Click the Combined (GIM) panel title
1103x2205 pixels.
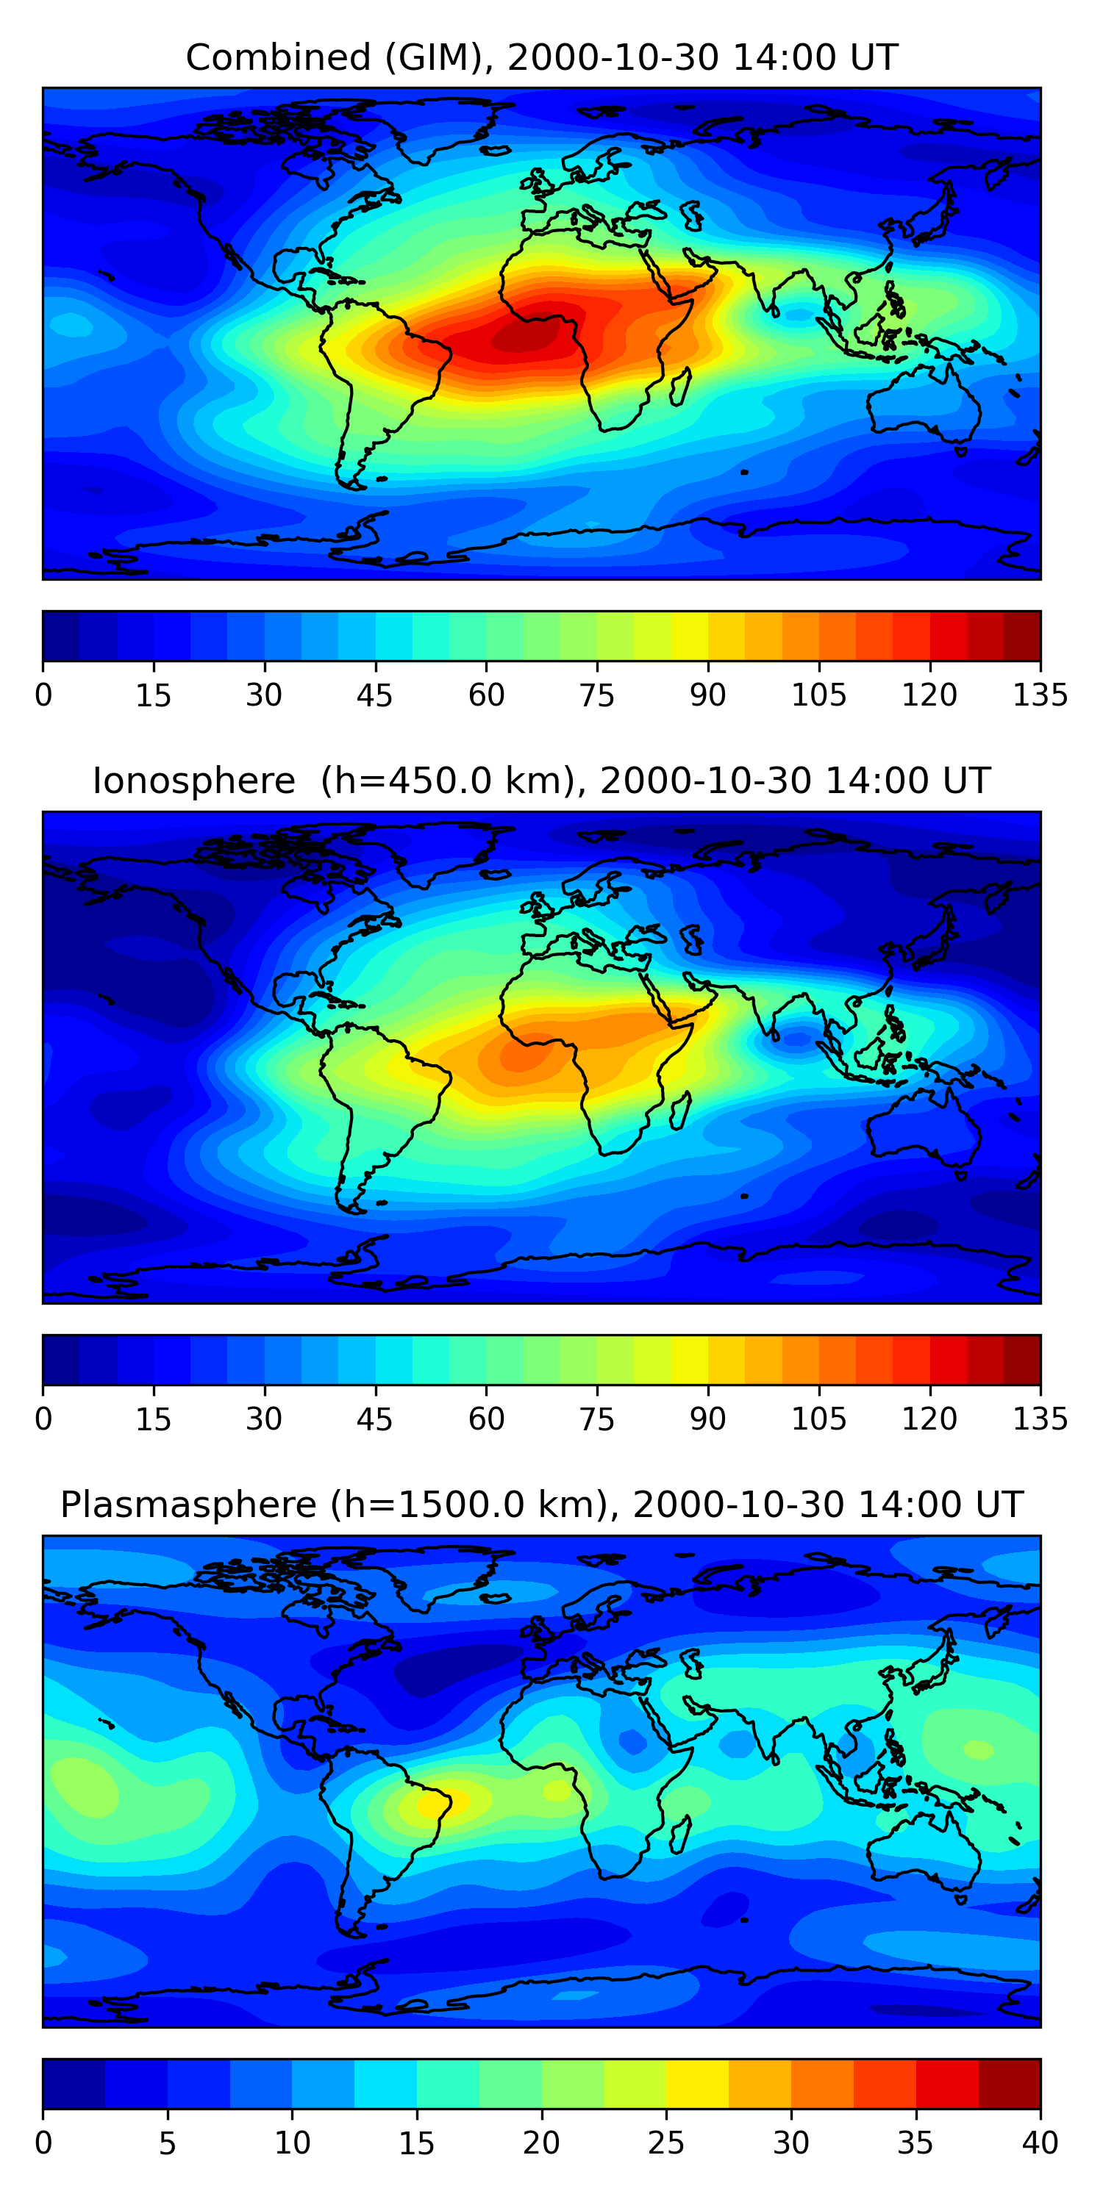click(x=541, y=57)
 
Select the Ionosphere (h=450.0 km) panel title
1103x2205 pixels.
click(x=541, y=781)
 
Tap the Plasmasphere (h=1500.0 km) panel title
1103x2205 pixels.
click(x=541, y=1504)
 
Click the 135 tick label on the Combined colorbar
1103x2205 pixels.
click(x=1040, y=695)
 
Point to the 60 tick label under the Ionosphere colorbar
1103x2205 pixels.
click(x=485, y=1419)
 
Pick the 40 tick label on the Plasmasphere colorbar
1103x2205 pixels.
click(x=1040, y=2143)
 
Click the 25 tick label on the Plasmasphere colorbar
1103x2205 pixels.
click(x=665, y=2143)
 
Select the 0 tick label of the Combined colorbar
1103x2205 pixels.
click(x=43, y=695)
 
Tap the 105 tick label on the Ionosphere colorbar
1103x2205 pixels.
click(x=818, y=1419)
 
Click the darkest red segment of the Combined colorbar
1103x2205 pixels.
click(x=1021, y=636)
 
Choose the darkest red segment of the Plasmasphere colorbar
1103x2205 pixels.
click(x=1009, y=2084)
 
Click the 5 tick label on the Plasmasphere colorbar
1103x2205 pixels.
click(x=168, y=2143)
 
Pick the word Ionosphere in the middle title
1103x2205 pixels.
click(x=193, y=781)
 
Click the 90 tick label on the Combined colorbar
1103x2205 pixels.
click(x=707, y=695)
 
